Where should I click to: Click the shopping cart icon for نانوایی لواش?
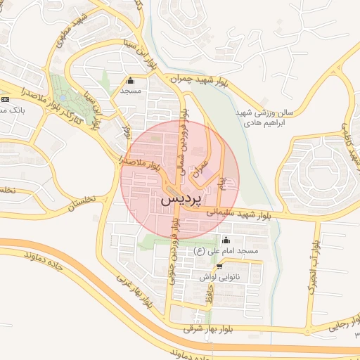pyautogui.click(x=220, y=266)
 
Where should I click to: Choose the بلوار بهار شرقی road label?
pyautogui.click(x=208, y=328)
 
